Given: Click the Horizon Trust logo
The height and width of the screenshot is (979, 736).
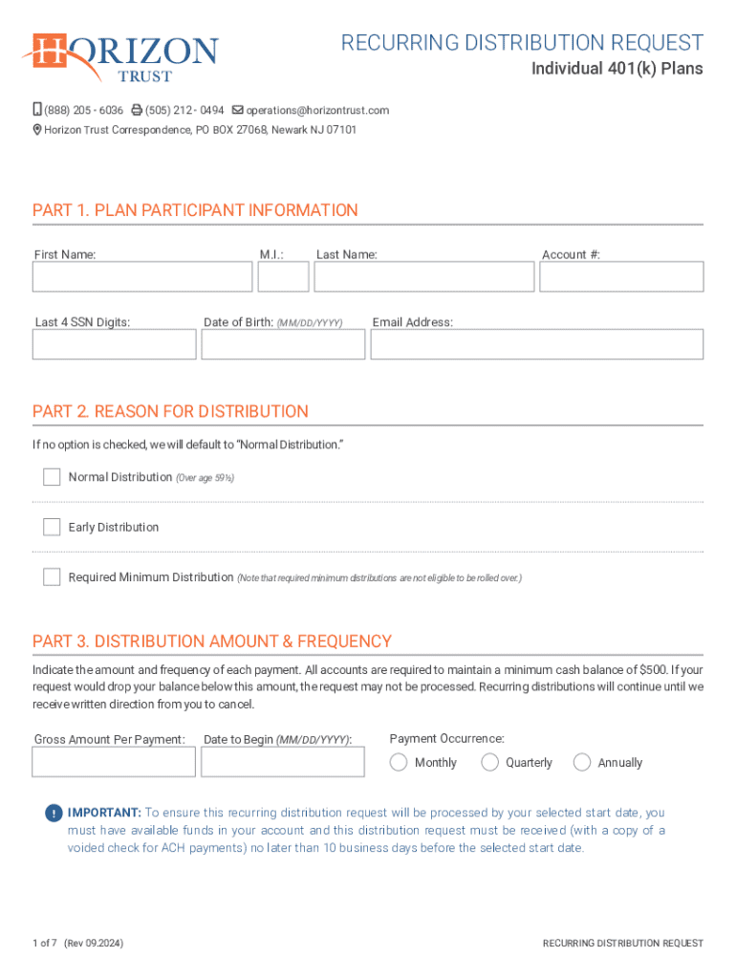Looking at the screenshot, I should coord(121,57).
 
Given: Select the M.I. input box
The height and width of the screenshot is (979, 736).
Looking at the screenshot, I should coord(283,277).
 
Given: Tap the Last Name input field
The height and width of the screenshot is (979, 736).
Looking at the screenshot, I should coord(424,277).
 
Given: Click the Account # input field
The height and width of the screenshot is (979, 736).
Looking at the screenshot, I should coord(621,277).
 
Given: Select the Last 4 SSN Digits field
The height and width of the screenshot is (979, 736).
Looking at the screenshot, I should coord(115,344).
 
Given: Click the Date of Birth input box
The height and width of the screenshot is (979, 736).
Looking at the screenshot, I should coord(283,344).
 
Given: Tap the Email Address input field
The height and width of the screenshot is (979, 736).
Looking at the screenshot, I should coord(536,344).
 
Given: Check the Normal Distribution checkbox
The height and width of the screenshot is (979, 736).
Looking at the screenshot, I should coord(52,477).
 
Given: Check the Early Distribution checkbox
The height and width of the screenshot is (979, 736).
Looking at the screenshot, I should coord(52,527).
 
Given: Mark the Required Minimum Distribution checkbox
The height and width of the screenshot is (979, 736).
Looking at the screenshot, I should coord(52,577).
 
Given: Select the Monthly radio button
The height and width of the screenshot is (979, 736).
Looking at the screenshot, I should coord(399,762).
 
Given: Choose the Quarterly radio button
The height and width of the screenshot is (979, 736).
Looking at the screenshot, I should coord(489,762).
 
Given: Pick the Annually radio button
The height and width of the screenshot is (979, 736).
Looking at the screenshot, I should coord(582,762).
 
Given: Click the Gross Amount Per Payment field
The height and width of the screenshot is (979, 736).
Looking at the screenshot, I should coord(114,762).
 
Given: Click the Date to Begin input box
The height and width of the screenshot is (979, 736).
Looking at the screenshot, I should coord(283,762).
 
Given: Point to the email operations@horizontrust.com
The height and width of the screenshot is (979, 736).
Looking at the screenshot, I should coord(317,110).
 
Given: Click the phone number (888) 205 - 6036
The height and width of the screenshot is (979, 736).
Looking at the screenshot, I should coord(83,110).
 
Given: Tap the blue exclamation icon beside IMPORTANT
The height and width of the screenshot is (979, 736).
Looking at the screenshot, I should coord(54,814).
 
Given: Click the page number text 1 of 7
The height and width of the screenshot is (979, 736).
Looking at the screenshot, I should coord(45,944).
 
